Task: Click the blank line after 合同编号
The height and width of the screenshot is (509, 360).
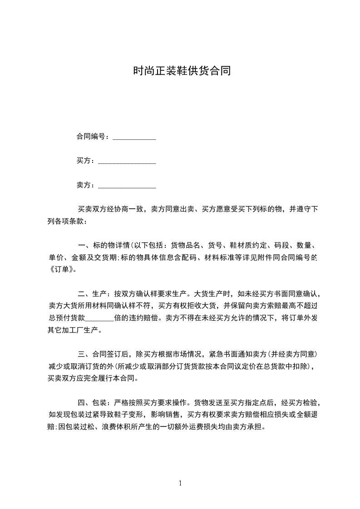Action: tap(134, 138)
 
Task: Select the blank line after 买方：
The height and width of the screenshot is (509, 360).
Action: tap(127, 162)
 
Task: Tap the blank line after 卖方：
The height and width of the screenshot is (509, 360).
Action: tap(127, 186)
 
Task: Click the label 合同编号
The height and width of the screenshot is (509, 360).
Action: tap(91, 137)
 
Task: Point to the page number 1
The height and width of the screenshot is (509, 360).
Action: tap(180, 483)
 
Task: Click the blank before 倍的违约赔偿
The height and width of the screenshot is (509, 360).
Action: tap(99, 318)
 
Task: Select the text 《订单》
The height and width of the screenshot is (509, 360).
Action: tap(62, 269)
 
